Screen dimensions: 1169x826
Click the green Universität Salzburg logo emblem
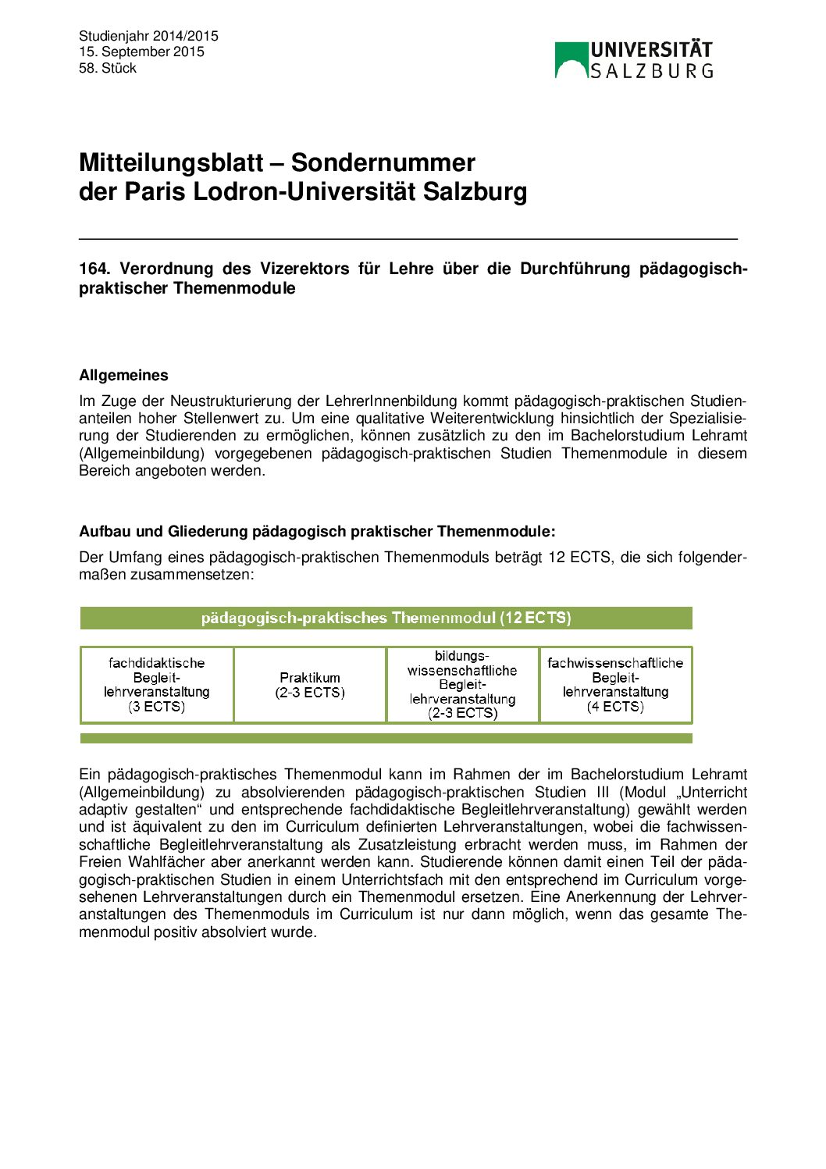click(571, 60)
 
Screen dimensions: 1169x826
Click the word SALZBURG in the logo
click(652, 71)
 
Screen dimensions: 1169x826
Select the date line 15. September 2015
click(141, 52)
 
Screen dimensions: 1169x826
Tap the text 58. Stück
click(108, 68)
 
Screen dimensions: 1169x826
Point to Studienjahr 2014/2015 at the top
click(148, 36)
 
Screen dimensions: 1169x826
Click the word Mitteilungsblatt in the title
click(171, 162)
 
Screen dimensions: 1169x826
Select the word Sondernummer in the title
click(383, 162)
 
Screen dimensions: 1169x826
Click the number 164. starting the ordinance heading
click(94, 269)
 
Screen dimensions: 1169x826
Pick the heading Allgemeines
click(123, 375)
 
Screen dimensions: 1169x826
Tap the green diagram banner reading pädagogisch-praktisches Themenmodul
click(386, 618)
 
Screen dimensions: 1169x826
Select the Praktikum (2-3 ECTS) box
click(310, 685)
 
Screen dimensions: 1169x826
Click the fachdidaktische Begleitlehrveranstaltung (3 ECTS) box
click(157, 685)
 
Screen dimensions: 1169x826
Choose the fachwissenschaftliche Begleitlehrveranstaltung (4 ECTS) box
click(615, 685)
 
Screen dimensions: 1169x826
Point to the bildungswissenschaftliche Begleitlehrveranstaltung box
click(462, 685)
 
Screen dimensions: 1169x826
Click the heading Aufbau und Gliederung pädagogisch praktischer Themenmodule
click(317, 531)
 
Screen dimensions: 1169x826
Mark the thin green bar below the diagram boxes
click(386, 738)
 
